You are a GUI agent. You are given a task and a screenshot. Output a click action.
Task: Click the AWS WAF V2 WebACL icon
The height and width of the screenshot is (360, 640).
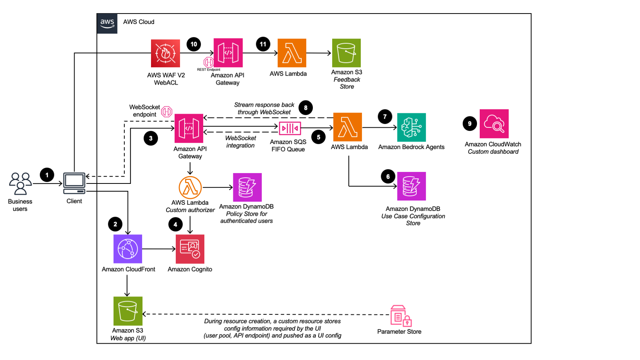coord(165,53)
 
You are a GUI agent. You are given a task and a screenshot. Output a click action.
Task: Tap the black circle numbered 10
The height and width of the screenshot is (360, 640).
coord(194,44)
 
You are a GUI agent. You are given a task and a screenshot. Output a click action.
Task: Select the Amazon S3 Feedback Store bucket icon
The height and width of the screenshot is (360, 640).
coord(346,53)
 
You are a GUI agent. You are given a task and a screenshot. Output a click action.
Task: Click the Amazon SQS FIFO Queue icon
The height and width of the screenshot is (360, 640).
coord(290,128)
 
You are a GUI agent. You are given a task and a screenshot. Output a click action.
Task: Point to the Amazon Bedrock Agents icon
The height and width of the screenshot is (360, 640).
coord(411,127)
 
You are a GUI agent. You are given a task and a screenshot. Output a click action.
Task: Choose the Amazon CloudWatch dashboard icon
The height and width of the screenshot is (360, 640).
coord(494,124)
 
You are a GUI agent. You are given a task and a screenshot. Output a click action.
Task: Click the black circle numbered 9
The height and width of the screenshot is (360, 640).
coord(470,124)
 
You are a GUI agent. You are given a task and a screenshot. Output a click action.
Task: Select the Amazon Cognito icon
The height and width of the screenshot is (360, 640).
coord(190,249)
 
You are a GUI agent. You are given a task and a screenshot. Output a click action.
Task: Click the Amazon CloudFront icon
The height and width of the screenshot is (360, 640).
coord(128,249)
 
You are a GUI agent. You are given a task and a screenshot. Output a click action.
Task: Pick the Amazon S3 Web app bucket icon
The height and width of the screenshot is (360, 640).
coord(128,311)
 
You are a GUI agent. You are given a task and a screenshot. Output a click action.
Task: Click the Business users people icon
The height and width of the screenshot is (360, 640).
coord(20,183)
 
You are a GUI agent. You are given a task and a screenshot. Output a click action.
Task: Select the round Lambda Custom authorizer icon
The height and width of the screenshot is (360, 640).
coord(190,188)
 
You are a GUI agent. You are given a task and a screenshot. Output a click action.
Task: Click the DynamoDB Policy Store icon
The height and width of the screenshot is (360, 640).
coord(247,187)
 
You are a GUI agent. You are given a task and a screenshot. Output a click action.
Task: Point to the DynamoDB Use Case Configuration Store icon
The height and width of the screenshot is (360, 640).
coord(411,186)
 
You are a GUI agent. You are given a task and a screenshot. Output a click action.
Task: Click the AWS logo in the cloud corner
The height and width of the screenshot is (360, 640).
coord(107,23)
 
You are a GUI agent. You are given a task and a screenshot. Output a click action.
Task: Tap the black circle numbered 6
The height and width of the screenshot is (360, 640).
coord(388,177)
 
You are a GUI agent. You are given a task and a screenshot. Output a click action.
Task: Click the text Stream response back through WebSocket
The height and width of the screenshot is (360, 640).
coord(264,109)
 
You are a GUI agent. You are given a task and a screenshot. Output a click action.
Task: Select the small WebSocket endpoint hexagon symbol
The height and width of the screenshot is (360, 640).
coord(166,112)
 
